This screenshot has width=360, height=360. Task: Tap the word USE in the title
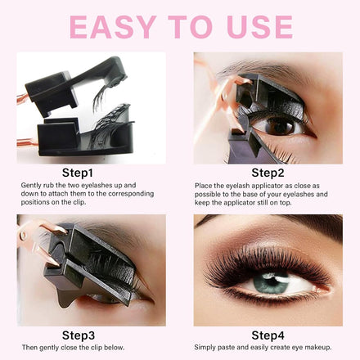[260, 27]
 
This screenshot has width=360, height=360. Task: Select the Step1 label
[78, 173]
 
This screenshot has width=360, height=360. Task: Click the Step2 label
[268, 173]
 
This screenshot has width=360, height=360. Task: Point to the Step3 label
[79, 335]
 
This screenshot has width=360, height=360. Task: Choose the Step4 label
[268, 335]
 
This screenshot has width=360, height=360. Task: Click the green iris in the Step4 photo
[271, 283]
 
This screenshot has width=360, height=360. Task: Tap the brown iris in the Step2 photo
[280, 126]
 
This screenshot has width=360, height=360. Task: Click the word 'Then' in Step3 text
[29, 348]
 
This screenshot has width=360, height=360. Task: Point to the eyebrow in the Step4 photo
[303, 223]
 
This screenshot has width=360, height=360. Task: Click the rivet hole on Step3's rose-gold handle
[23, 235]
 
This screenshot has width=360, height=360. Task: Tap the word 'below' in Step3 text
[115, 348]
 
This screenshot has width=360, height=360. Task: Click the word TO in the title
[190, 27]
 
